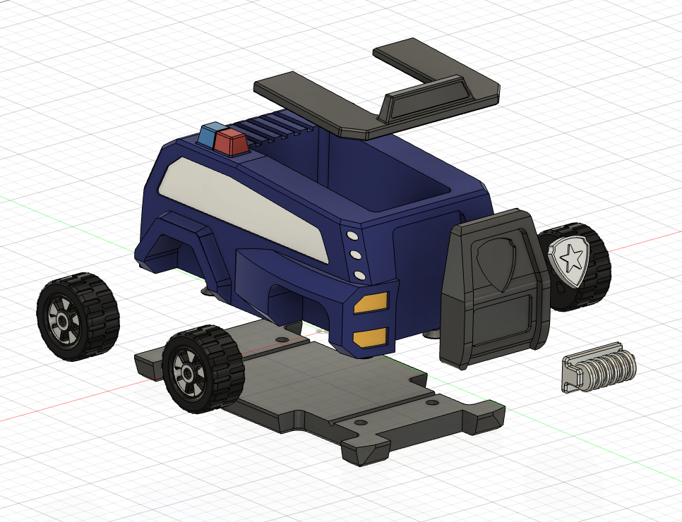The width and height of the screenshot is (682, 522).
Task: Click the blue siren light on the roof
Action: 209,135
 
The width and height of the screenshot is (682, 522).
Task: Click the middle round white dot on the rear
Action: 356,255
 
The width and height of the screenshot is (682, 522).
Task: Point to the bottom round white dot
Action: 360,274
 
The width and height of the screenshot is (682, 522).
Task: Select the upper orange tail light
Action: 371,303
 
